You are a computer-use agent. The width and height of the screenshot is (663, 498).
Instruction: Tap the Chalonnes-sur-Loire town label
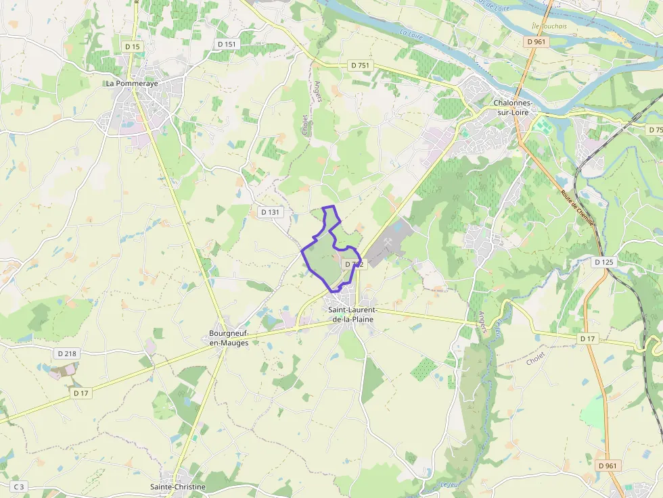pyautogui.click(x=513, y=107)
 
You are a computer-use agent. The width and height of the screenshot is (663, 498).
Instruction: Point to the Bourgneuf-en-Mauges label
pyautogui.click(x=229, y=339)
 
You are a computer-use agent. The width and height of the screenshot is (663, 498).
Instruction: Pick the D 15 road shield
pyautogui.click(x=133, y=47)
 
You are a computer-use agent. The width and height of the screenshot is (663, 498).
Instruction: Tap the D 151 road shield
pyautogui.click(x=227, y=44)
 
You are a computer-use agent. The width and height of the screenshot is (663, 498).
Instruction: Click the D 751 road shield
pyautogui.click(x=360, y=65)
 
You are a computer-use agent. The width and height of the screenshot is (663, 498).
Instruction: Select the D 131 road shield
pyautogui.click(x=270, y=211)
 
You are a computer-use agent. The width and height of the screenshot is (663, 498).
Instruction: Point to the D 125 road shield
pyautogui.click(x=604, y=262)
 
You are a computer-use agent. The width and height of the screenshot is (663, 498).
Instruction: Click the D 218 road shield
pyautogui.click(x=67, y=353)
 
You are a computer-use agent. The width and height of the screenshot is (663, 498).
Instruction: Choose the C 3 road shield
pyautogui.click(x=19, y=487)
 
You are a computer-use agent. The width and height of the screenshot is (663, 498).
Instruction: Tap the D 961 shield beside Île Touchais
pyautogui.click(x=536, y=42)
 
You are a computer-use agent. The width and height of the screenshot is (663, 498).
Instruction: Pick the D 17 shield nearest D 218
pyautogui.click(x=81, y=393)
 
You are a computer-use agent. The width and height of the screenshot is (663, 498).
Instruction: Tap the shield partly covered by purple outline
pyautogui.click(x=355, y=264)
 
